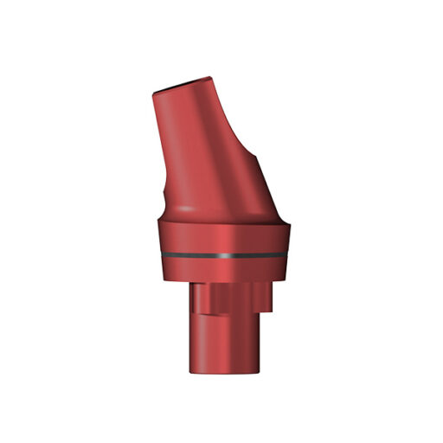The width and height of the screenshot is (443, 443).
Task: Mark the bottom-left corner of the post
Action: coord(192,372)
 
